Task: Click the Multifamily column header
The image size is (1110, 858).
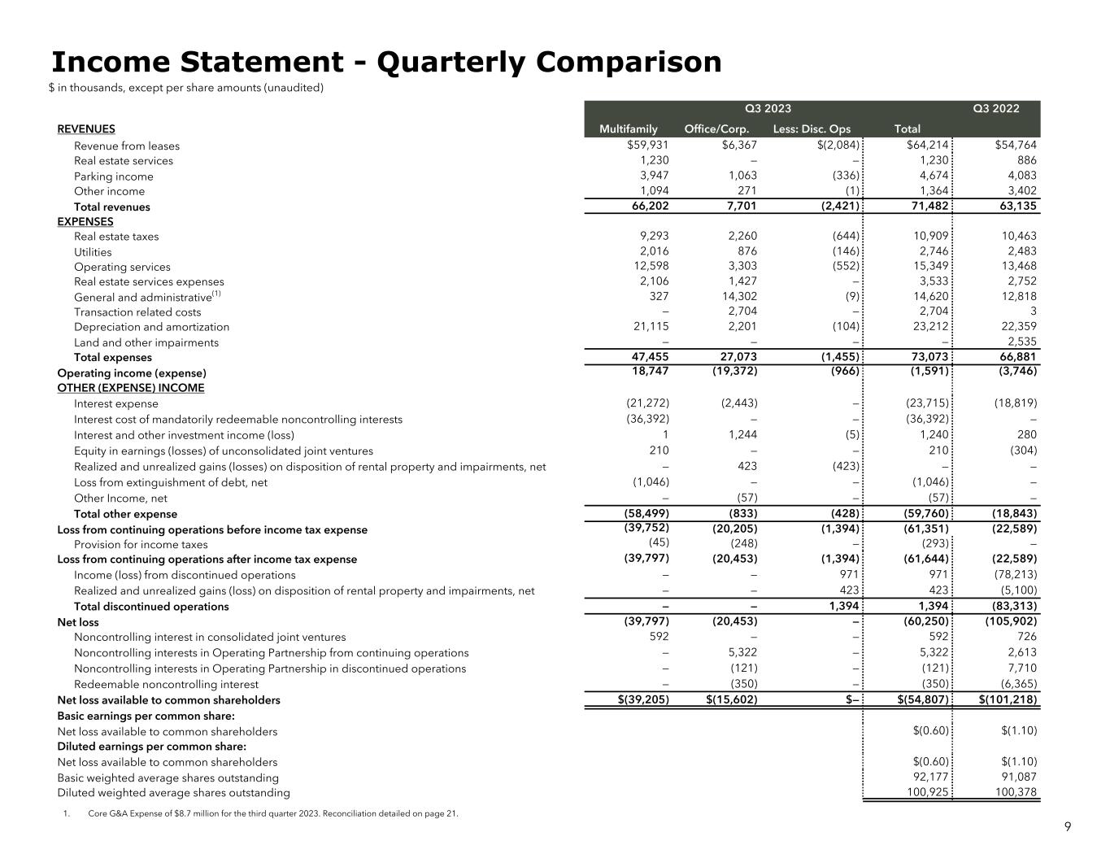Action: pos(628,128)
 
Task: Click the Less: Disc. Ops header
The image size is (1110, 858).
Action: pos(812,128)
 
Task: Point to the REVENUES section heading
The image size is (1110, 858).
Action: pos(86,128)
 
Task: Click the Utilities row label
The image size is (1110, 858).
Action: pos(93,252)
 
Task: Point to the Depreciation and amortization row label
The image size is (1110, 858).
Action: pos(151,327)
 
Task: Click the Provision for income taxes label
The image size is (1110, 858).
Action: pos(141,545)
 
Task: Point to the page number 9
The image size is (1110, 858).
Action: pos(1068,827)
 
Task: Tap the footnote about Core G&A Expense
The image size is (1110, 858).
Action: pos(272,813)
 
